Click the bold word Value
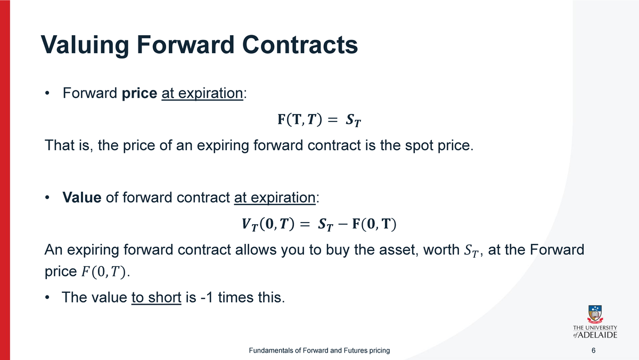[x=82, y=198]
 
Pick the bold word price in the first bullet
[x=139, y=94]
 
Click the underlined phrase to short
[x=156, y=297]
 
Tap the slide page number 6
[x=594, y=350]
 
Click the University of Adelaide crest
[x=595, y=314]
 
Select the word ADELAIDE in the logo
[x=600, y=335]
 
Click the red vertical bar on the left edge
[x=5, y=180]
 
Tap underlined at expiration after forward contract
[x=275, y=198]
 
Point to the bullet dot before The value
[x=48, y=297]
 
